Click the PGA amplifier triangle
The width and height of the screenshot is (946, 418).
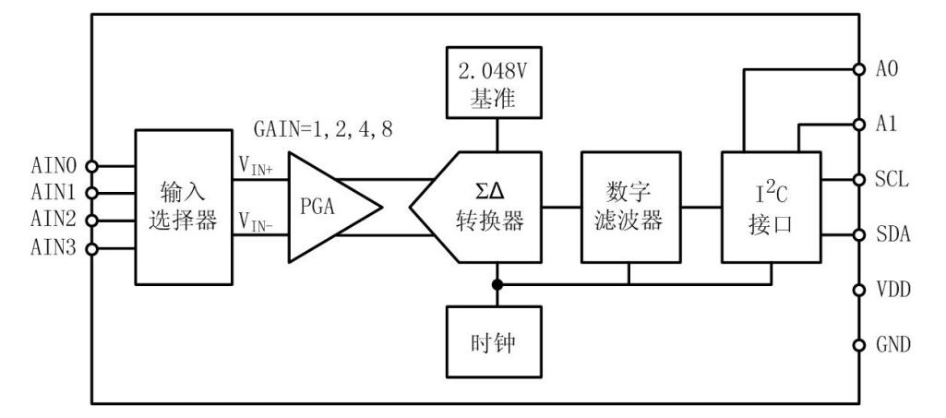click(328, 206)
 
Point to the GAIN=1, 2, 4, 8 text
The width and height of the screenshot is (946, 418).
click(323, 128)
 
